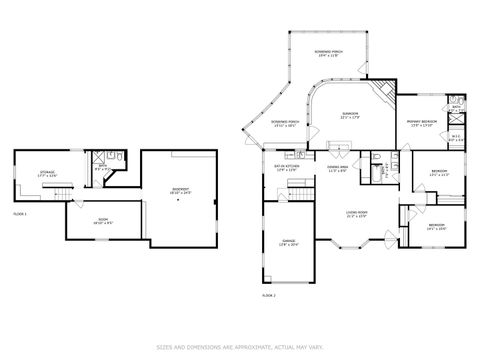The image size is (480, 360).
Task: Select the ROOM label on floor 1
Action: pyautogui.click(x=101, y=222)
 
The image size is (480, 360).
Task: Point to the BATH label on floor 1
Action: pyautogui.click(x=102, y=167)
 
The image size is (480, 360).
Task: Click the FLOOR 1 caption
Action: pyautogui.click(x=19, y=215)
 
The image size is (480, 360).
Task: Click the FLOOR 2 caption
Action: pyautogui.click(x=268, y=296)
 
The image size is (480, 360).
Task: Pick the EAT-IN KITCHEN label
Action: pyautogui.click(x=288, y=168)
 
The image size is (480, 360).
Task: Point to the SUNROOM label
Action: pyautogui.click(x=348, y=115)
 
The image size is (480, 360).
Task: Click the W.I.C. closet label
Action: pyautogui.click(x=455, y=138)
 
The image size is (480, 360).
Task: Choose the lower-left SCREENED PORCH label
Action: pyautogui.click(x=287, y=123)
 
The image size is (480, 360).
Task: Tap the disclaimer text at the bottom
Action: pyautogui.click(x=240, y=347)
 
